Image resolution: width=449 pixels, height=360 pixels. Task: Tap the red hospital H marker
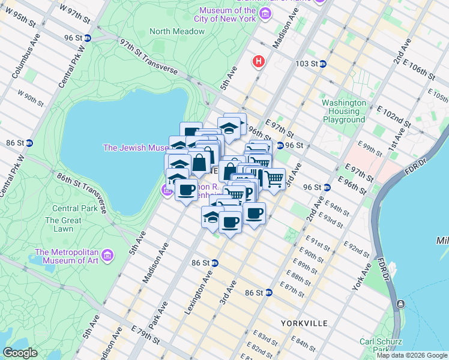(259, 61)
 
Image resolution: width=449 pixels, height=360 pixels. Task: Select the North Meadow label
(177, 31)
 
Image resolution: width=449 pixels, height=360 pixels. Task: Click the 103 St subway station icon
(322, 64)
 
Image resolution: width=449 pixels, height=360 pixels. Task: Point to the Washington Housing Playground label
(343, 111)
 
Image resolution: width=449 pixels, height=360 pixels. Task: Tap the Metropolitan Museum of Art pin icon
(107, 256)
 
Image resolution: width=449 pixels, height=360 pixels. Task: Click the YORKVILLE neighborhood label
(304, 323)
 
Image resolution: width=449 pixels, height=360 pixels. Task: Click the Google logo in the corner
(20, 352)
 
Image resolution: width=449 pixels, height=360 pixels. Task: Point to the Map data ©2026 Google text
(411, 355)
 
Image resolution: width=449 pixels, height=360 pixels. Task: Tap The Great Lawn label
(63, 224)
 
